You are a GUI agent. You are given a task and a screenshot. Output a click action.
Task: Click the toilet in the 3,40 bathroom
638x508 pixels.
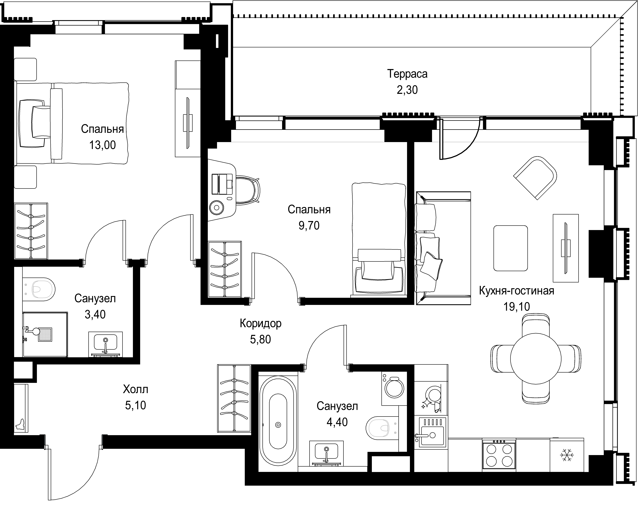39,289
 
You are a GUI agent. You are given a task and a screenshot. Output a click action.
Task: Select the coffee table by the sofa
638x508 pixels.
511,248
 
